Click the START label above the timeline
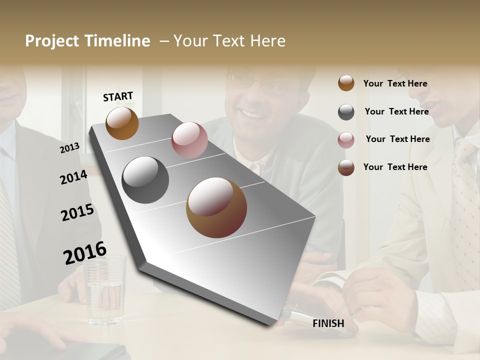(x=118, y=96)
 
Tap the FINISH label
(x=328, y=323)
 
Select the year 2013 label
(x=70, y=148)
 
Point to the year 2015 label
(x=77, y=212)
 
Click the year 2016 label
(x=85, y=253)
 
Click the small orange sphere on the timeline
(x=122, y=123)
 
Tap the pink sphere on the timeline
(x=189, y=140)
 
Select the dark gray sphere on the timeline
(x=145, y=180)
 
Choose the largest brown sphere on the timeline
(x=216, y=207)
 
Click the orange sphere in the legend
(x=346, y=83)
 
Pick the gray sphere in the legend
(x=346, y=112)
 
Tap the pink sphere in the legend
(x=346, y=140)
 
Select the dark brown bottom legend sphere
(x=346, y=167)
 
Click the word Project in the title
(x=52, y=41)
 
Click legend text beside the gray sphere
(x=396, y=111)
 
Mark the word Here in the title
(x=267, y=41)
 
